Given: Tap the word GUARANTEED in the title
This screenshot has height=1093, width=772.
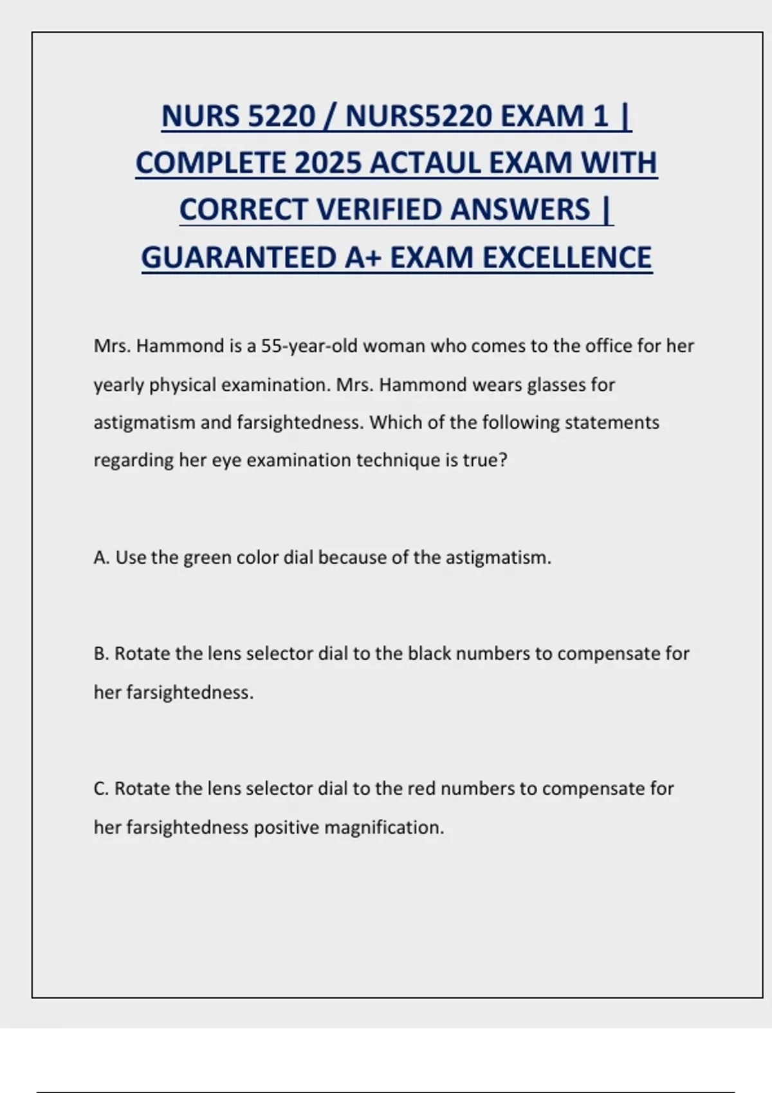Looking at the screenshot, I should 239,257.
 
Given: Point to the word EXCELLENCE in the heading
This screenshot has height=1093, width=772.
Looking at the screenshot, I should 566,257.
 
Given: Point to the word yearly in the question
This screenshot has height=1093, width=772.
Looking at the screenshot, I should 119,385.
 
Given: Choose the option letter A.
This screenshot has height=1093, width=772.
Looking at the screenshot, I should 101,557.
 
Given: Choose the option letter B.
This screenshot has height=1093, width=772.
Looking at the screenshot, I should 101,654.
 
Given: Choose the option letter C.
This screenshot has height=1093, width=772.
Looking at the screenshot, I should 101,789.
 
